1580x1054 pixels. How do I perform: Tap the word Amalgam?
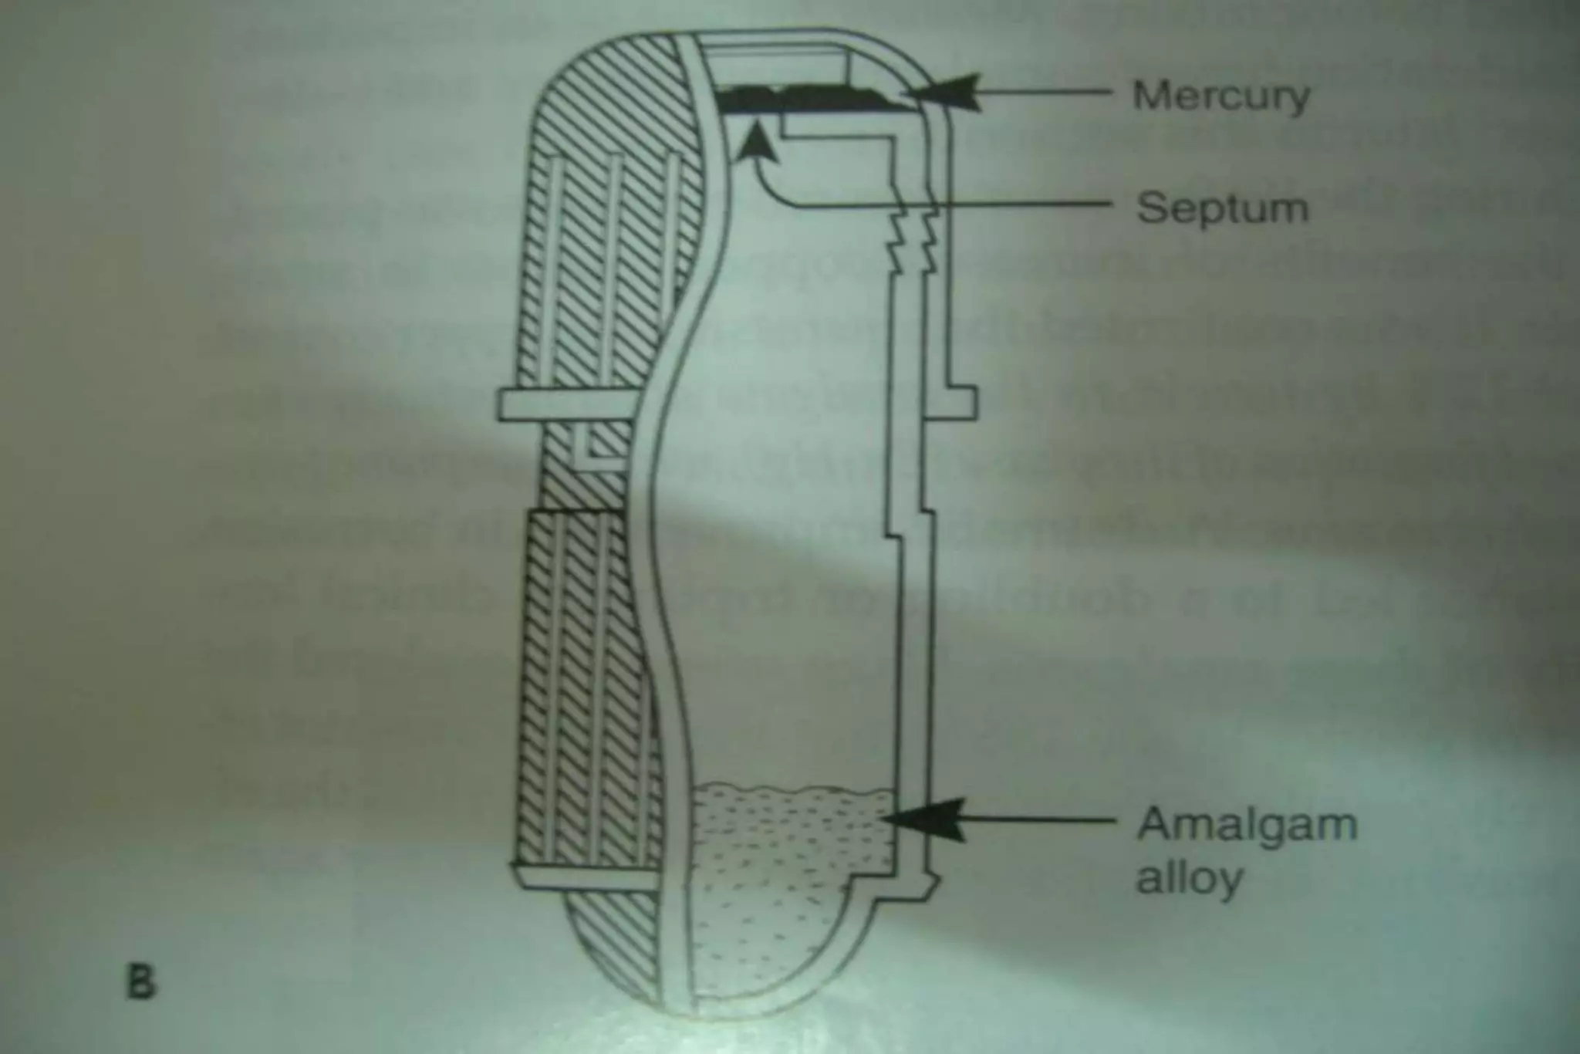point(1247,824)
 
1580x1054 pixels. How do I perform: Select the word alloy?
point(1190,878)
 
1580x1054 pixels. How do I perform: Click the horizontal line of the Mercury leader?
point(1042,93)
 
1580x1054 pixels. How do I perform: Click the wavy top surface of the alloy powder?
point(795,790)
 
